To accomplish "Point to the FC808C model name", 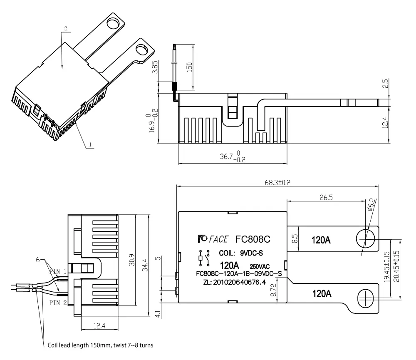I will click(x=253, y=239).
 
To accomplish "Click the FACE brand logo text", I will click(x=213, y=239).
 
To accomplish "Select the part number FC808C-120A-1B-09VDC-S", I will click(x=239, y=274).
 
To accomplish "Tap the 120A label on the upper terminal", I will click(x=322, y=240).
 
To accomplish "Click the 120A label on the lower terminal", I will click(x=322, y=294).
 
